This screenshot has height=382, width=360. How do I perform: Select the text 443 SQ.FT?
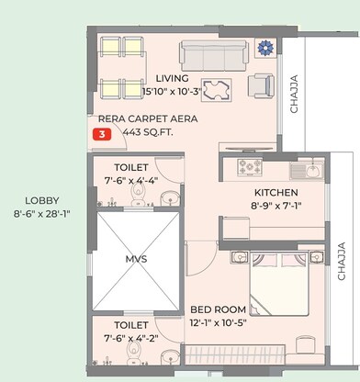tap(147, 132)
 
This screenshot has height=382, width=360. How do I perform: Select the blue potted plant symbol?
tap(267, 49)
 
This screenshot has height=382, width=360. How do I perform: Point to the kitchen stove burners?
tap(251, 167)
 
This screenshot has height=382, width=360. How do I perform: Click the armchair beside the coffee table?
tap(261, 85)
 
